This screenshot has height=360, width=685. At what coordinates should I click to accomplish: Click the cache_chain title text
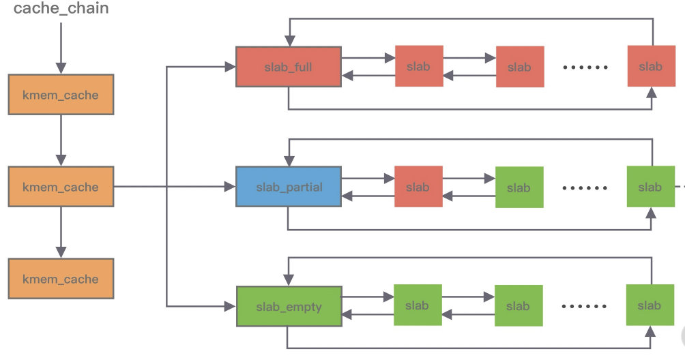pos(61,9)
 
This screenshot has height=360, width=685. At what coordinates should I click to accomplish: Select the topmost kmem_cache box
pos(61,95)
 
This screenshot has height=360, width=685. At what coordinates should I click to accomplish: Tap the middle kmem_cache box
pos(61,187)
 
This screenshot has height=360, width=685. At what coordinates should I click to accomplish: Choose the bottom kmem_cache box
pos(61,279)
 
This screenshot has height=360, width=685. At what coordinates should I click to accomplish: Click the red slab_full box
pos(289,67)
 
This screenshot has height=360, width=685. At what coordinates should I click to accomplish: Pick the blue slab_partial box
pos(289,187)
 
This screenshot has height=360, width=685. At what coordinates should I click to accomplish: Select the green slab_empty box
pos(289,306)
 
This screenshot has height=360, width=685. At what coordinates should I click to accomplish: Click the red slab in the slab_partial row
pos(418,187)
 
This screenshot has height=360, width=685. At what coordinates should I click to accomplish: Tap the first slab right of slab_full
pos(419,66)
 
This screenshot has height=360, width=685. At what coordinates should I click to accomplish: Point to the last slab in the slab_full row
pos(652,66)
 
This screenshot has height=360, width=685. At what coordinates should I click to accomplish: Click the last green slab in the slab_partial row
pos(651,187)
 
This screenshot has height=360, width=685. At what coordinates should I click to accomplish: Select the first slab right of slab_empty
pos(418,305)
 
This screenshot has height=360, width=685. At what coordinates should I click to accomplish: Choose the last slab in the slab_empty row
pos(650,305)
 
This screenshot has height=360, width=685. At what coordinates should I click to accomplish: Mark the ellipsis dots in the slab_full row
pos(585,67)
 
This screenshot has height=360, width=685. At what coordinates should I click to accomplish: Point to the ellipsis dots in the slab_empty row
pos(584,306)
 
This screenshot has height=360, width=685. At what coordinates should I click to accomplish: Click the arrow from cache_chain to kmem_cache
pos(61,48)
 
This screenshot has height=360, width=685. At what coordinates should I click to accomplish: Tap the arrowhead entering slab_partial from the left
pos(230,187)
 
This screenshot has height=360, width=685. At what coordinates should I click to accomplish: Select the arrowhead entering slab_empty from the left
pos(231,306)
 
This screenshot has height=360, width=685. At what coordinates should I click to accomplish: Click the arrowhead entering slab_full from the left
pos(230,67)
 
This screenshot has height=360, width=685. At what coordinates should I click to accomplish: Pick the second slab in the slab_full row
pos(520,67)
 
